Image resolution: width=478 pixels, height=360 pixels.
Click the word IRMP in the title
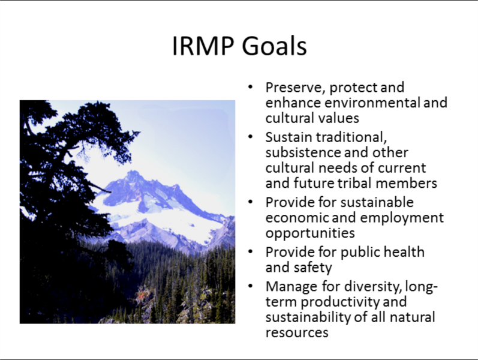[x=203, y=46]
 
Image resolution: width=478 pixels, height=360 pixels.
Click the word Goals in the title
[x=274, y=46]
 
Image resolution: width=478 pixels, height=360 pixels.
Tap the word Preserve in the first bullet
[x=296, y=87]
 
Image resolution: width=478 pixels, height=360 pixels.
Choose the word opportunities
[x=310, y=233]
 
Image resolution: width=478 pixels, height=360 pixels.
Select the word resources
[x=297, y=333]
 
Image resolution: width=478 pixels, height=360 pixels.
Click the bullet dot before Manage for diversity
[x=251, y=286]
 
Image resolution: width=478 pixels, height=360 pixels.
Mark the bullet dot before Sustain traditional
[x=251, y=137]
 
